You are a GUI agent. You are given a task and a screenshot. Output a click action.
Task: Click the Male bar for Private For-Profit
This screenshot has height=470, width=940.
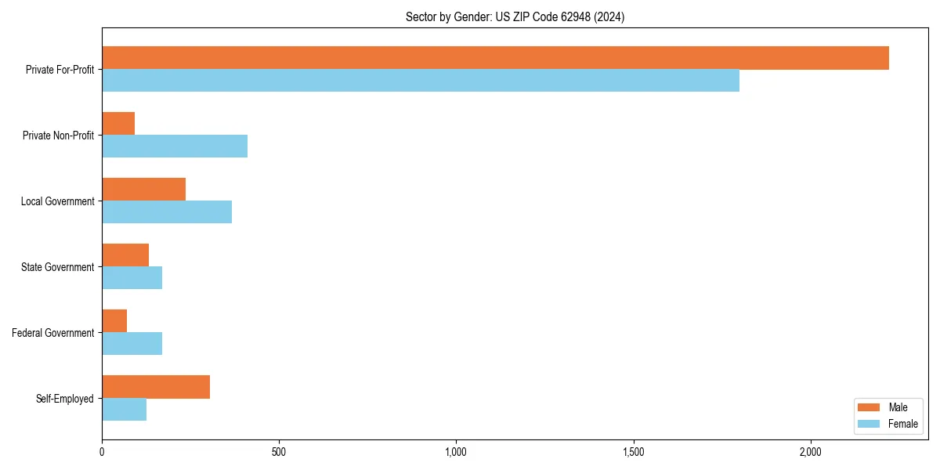point(495,58)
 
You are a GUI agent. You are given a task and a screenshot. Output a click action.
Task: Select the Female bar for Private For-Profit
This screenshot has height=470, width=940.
point(421,81)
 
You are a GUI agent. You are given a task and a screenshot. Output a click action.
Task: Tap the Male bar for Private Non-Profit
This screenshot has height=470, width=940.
point(118,124)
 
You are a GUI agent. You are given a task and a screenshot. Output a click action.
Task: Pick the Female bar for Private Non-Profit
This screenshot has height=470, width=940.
point(175,146)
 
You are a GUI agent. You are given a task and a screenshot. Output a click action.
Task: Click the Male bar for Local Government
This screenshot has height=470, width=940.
point(143,190)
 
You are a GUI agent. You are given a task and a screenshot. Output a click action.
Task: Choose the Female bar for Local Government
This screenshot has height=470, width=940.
point(167,212)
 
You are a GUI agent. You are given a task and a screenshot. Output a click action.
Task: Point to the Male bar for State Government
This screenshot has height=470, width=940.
point(125,255)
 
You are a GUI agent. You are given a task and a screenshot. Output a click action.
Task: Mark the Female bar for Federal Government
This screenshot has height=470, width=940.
point(132,344)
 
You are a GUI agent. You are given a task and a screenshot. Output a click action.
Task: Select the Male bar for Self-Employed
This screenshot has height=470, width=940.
point(156,387)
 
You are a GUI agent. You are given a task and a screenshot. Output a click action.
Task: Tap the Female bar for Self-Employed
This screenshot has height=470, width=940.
point(124,410)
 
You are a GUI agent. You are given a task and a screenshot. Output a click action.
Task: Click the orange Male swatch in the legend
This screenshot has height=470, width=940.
point(869,407)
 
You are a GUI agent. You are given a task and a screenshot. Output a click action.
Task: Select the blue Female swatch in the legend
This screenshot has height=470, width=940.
point(869,424)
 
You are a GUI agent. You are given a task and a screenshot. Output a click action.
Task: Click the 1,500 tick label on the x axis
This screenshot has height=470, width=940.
point(633,452)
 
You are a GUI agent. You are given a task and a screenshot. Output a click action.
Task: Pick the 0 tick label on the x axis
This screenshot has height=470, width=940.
point(102,452)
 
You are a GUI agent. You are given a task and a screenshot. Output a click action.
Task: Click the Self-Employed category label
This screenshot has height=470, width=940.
point(65,399)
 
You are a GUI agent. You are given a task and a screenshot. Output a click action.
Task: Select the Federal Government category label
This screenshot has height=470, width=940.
point(53,333)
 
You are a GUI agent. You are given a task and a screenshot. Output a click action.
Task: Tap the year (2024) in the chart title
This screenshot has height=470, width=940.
point(609,16)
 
